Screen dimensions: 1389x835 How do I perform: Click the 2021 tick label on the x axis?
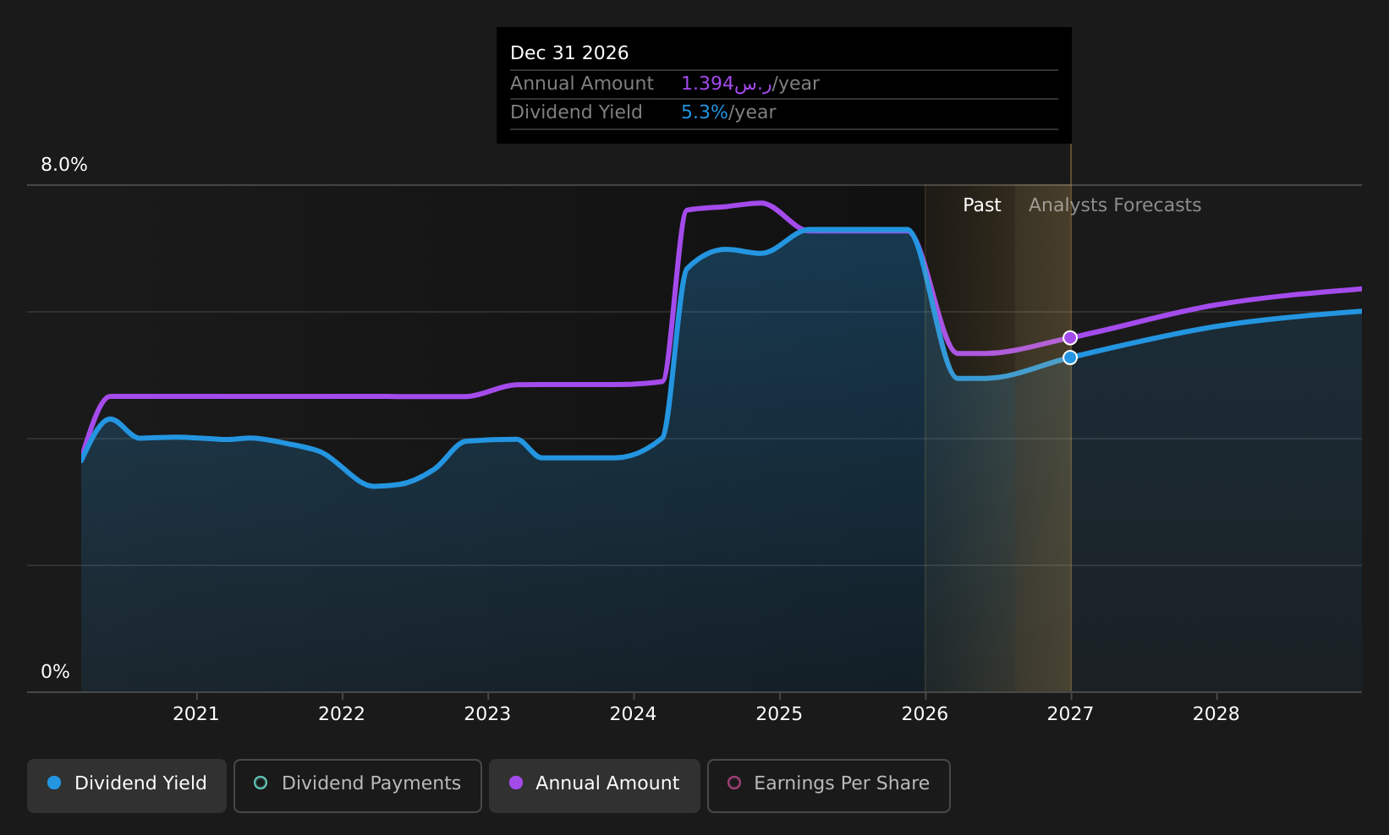[196, 714]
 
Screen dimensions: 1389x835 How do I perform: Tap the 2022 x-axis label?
[342, 714]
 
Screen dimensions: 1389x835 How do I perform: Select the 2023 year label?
[487, 714]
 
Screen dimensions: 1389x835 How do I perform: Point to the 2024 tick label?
[633, 714]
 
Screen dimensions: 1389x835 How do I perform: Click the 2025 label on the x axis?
[779, 714]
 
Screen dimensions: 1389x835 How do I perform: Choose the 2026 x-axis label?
[925, 714]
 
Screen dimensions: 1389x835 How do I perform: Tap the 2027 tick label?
[1070, 714]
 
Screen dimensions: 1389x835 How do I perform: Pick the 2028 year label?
[1216, 714]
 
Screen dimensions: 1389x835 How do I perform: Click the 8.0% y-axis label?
[64, 165]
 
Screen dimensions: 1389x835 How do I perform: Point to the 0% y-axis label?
[55, 672]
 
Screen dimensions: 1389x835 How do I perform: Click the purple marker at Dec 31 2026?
[1069, 337]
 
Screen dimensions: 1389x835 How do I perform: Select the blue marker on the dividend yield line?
[1069, 357]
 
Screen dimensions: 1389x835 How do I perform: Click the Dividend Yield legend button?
[127, 785]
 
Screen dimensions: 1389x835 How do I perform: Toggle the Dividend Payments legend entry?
[358, 785]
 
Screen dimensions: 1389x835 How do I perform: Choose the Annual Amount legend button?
[594, 785]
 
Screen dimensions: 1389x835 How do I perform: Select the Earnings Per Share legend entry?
[828, 785]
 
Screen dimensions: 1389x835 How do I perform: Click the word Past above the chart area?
[981, 205]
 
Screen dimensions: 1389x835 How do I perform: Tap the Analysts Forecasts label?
[1115, 205]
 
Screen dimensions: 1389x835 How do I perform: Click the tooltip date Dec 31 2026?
[569, 53]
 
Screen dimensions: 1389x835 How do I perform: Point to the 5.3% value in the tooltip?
[705, 112]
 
